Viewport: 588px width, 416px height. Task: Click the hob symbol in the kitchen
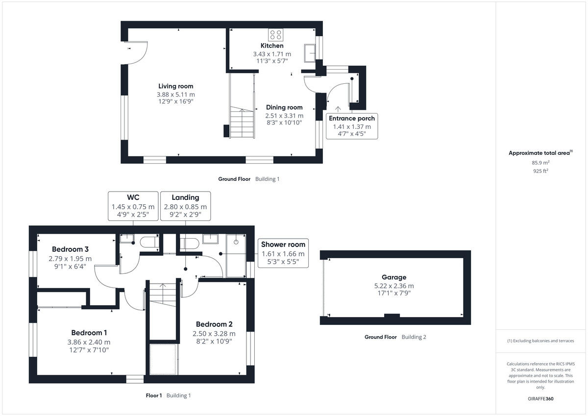(x=275, y=35)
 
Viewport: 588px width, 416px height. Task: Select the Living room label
(x=175, y=86)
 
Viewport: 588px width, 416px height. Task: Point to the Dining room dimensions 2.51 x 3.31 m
(x=284, y=116)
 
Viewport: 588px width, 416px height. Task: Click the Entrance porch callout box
(x=352, y=125)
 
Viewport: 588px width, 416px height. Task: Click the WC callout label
(x=133, y=197)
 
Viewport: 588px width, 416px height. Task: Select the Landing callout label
(x=185, y=197)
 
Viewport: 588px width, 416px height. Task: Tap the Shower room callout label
(x=283, y=245)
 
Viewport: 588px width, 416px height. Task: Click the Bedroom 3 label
(x=70, y=248)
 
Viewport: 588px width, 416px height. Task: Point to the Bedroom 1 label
(x=89, y=332)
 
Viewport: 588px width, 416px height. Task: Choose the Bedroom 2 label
(x=214, y=324)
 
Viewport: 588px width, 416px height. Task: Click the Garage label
(x=394, y=277)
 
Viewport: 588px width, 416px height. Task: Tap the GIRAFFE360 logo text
(x=541, y=399)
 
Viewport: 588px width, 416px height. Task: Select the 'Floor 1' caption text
(x=154, y=395)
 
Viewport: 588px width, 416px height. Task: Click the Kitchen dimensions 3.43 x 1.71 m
(x=272, y=54)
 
